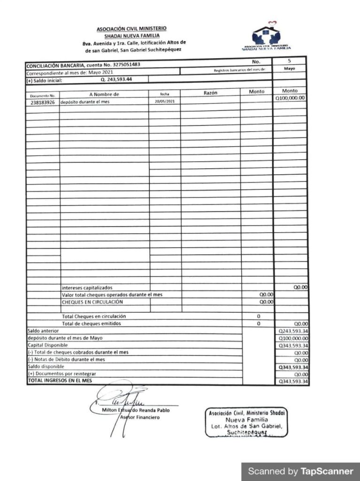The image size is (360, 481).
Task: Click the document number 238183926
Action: pyautogui.click(x=42, y=102)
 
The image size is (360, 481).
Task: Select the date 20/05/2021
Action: pyautogui.click(x=164, y=101)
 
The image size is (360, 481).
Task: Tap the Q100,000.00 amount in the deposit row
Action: pyautogui.click(x=290, y=98)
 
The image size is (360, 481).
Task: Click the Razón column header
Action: pyautogui.click(x=210, y=93)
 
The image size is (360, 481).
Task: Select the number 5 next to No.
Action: pyautogui.click(x=289, y=61)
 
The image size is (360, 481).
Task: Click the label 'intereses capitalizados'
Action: pyautogui.click(x=87, y=287)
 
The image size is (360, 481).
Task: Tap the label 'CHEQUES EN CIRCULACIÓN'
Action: pyautogui.click(x=92, y=302)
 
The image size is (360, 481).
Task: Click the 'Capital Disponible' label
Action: pyautogui.click(x=48, y=345)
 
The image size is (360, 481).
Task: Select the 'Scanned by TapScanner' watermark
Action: pyautogui.click(x=300, y=471)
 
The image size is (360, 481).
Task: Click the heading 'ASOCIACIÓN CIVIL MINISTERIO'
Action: pyautogui.click(x=131, y=29)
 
